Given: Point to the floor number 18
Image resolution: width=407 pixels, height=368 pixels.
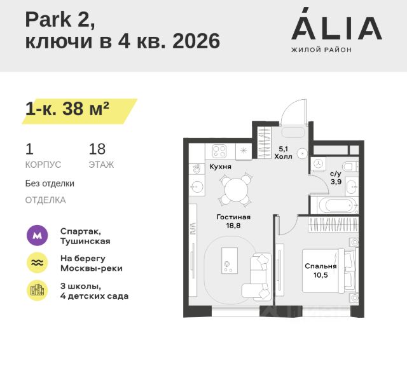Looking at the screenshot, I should (x=97, y=149).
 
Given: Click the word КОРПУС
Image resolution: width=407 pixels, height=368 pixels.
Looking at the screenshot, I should (x=43, y=165).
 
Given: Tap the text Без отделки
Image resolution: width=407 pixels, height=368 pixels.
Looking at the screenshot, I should (x=50, y=183).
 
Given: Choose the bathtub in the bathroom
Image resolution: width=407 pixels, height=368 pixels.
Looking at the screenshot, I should (x=333, y=205).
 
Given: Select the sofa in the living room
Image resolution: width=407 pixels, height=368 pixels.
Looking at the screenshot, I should (x=259, y=276).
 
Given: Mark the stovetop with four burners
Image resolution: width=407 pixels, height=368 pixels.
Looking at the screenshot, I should (x=219, y=151).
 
